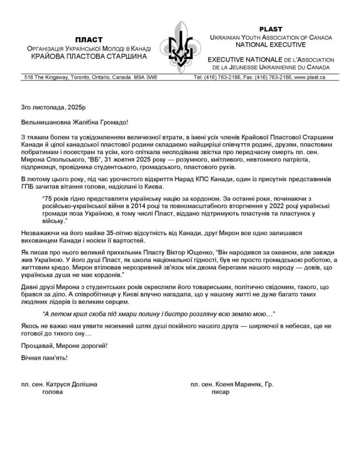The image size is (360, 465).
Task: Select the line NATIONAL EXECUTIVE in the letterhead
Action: [x=271, y=44]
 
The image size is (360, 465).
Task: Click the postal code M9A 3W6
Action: [x=145, y=77]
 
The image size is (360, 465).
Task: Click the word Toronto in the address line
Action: [x=73, y=77]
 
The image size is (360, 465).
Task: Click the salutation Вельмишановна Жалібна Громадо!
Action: [x=75, y=122]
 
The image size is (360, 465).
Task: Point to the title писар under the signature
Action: [x=220, y=392]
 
